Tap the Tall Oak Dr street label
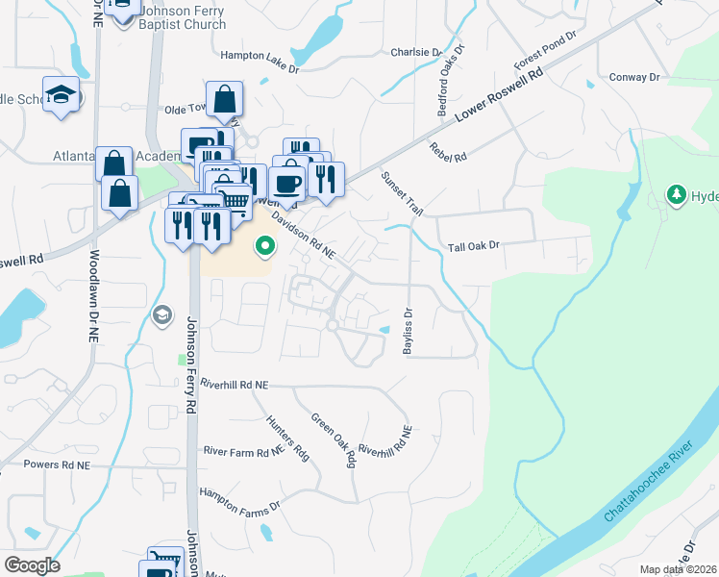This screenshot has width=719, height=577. click(x=475, y=246)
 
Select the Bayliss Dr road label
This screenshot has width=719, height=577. click(x=408, y=332)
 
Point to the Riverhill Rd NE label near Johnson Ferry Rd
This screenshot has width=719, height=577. click(x=235, y=384)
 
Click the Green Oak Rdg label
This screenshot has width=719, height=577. click(x=334, y=440)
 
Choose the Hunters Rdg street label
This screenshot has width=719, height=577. click(x=288, y=438)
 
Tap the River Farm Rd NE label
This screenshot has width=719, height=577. click(x=243, y=449)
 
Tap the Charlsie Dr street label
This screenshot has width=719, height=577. click(x=416, y=51)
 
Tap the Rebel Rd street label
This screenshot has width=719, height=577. click(x=448, y=151)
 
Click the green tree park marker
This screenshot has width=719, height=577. click(x=677, y=196)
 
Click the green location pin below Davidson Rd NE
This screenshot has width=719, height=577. click(x=264, y=248)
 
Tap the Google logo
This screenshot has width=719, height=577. click(x=32, y=564)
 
